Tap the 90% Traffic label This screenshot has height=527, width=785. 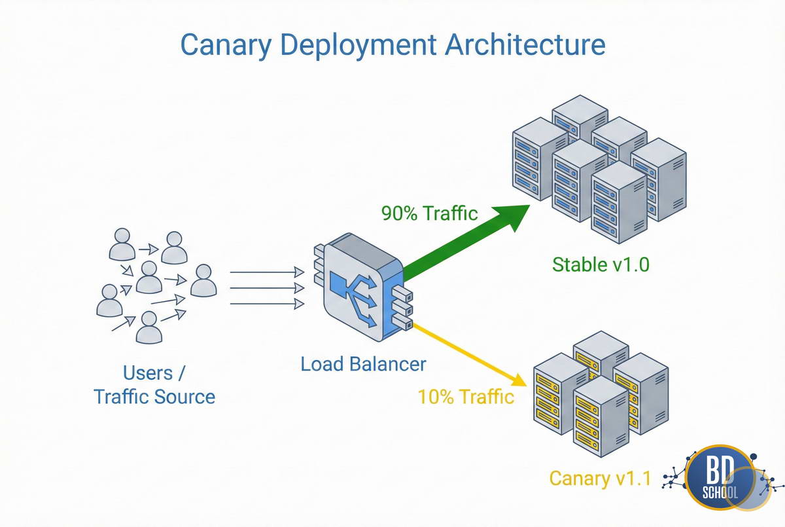pyautogui.click(x=429, y=213)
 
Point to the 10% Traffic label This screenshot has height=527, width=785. pyautogui.click(x=466, y=396)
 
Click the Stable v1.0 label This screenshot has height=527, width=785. pyautogui.click(x=601, y=264)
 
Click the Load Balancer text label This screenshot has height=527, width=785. pyautogui.click(x=363, y=364)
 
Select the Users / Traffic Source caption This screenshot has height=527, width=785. pyautogui.click(x=154, y=385)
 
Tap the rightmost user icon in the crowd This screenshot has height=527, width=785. pyautogui.click(x=203, y=280)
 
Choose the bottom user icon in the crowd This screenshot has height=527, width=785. pyautogui.click(x=149, y=327)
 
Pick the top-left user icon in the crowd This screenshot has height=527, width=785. pyautogui.click(x=122, y=244)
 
